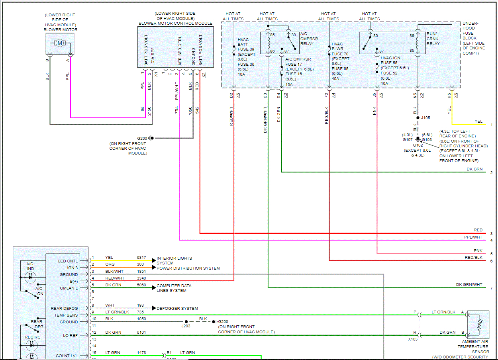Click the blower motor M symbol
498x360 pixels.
click(x=60, y=43)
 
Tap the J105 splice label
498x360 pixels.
click(x=425, y=118)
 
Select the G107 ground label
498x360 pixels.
click(x=408, y=139)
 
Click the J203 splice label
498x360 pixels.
click(x=186, y=326)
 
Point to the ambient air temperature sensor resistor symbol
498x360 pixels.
click(x=479, y=325)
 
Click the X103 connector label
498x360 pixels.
click(x=413, y=339)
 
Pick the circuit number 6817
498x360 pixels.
click(x=141, y=257)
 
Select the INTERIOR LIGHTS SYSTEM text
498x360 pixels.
click(x=174, y=260)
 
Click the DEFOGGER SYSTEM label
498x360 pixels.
click(x=177, y=309)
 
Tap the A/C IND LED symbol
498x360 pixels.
click(x=30, y=277)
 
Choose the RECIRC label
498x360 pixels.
click(x=33, y=337)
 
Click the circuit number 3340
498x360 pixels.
click(x=141, y=278)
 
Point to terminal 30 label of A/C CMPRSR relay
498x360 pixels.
click(x=294, y=35)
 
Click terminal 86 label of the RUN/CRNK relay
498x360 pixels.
click(x=412, y=35)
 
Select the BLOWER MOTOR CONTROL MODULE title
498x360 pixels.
click(x=175, y=23)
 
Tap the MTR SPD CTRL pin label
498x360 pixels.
click(x=180, y=51)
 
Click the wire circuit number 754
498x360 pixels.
click(x=176, y=110)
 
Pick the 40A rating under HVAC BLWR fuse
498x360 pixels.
click(x=335, y=79)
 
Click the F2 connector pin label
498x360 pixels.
click(x=326, y=95)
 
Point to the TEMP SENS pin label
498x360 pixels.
click(x=66, y=315)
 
